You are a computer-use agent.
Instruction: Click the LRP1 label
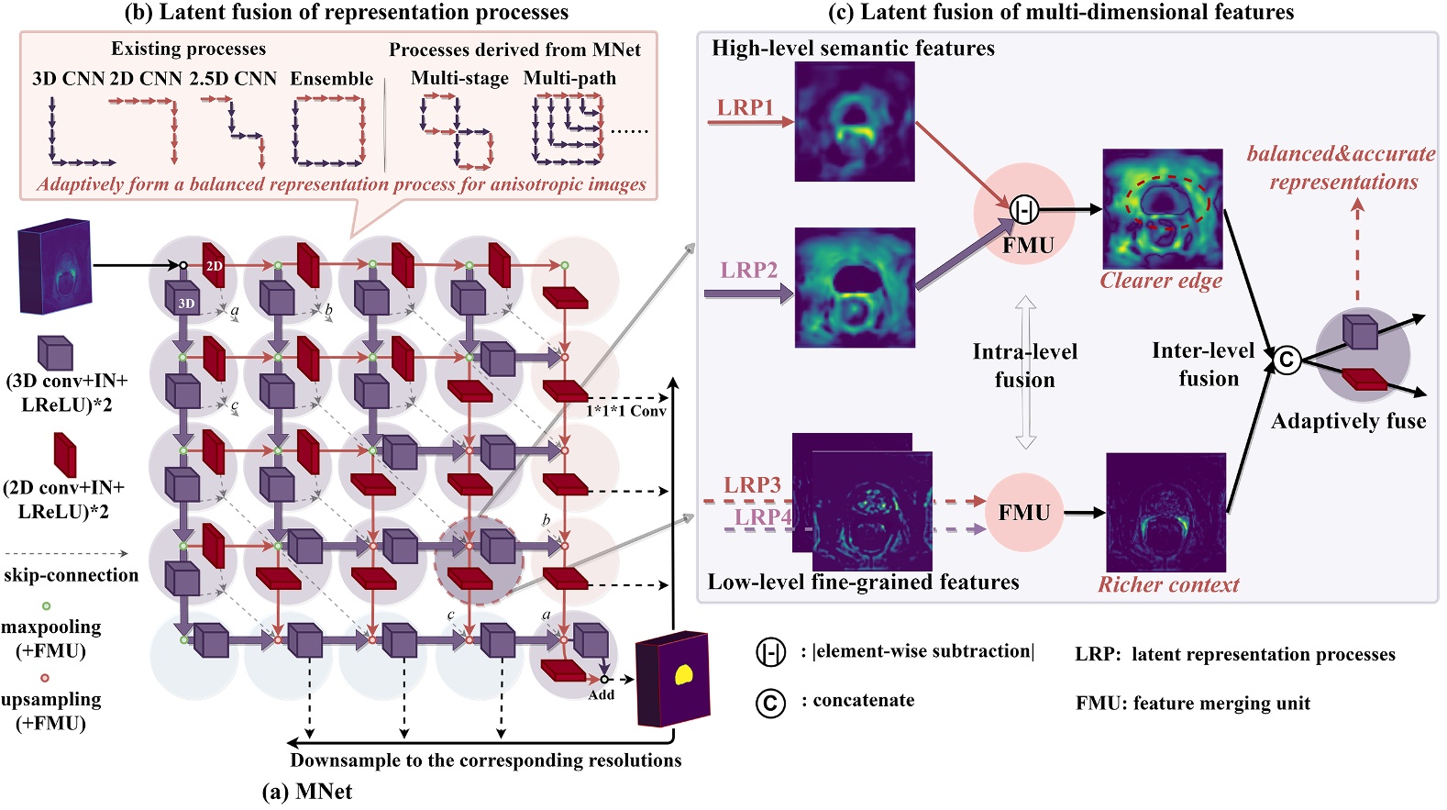[745, 107]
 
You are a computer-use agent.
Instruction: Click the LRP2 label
[748, 270]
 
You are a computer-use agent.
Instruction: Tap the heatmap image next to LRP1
[854, 121]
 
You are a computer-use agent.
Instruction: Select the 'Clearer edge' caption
[1161, 281]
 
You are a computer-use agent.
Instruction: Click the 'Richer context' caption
[1168, 584]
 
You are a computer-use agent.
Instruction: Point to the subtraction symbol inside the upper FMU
[1023, 210]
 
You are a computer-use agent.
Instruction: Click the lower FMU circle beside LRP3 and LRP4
[1024, 512]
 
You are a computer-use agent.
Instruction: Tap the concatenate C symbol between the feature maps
[1286, 360]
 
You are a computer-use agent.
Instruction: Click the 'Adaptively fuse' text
[1348, 421]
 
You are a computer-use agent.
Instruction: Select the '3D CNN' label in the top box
[68, 79]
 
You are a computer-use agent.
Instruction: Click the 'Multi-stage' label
[459, 79]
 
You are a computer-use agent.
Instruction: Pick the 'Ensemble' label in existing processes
[331, 79]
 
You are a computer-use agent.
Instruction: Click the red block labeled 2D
[214, 265]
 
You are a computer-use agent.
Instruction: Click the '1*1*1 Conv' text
[626, 411]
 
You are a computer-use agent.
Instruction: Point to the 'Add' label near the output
[601, 694]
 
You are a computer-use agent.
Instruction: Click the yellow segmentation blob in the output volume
[683, 676]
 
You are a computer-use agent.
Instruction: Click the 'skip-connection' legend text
[71, 575]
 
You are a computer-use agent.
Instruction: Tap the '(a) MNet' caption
[306, 792]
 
